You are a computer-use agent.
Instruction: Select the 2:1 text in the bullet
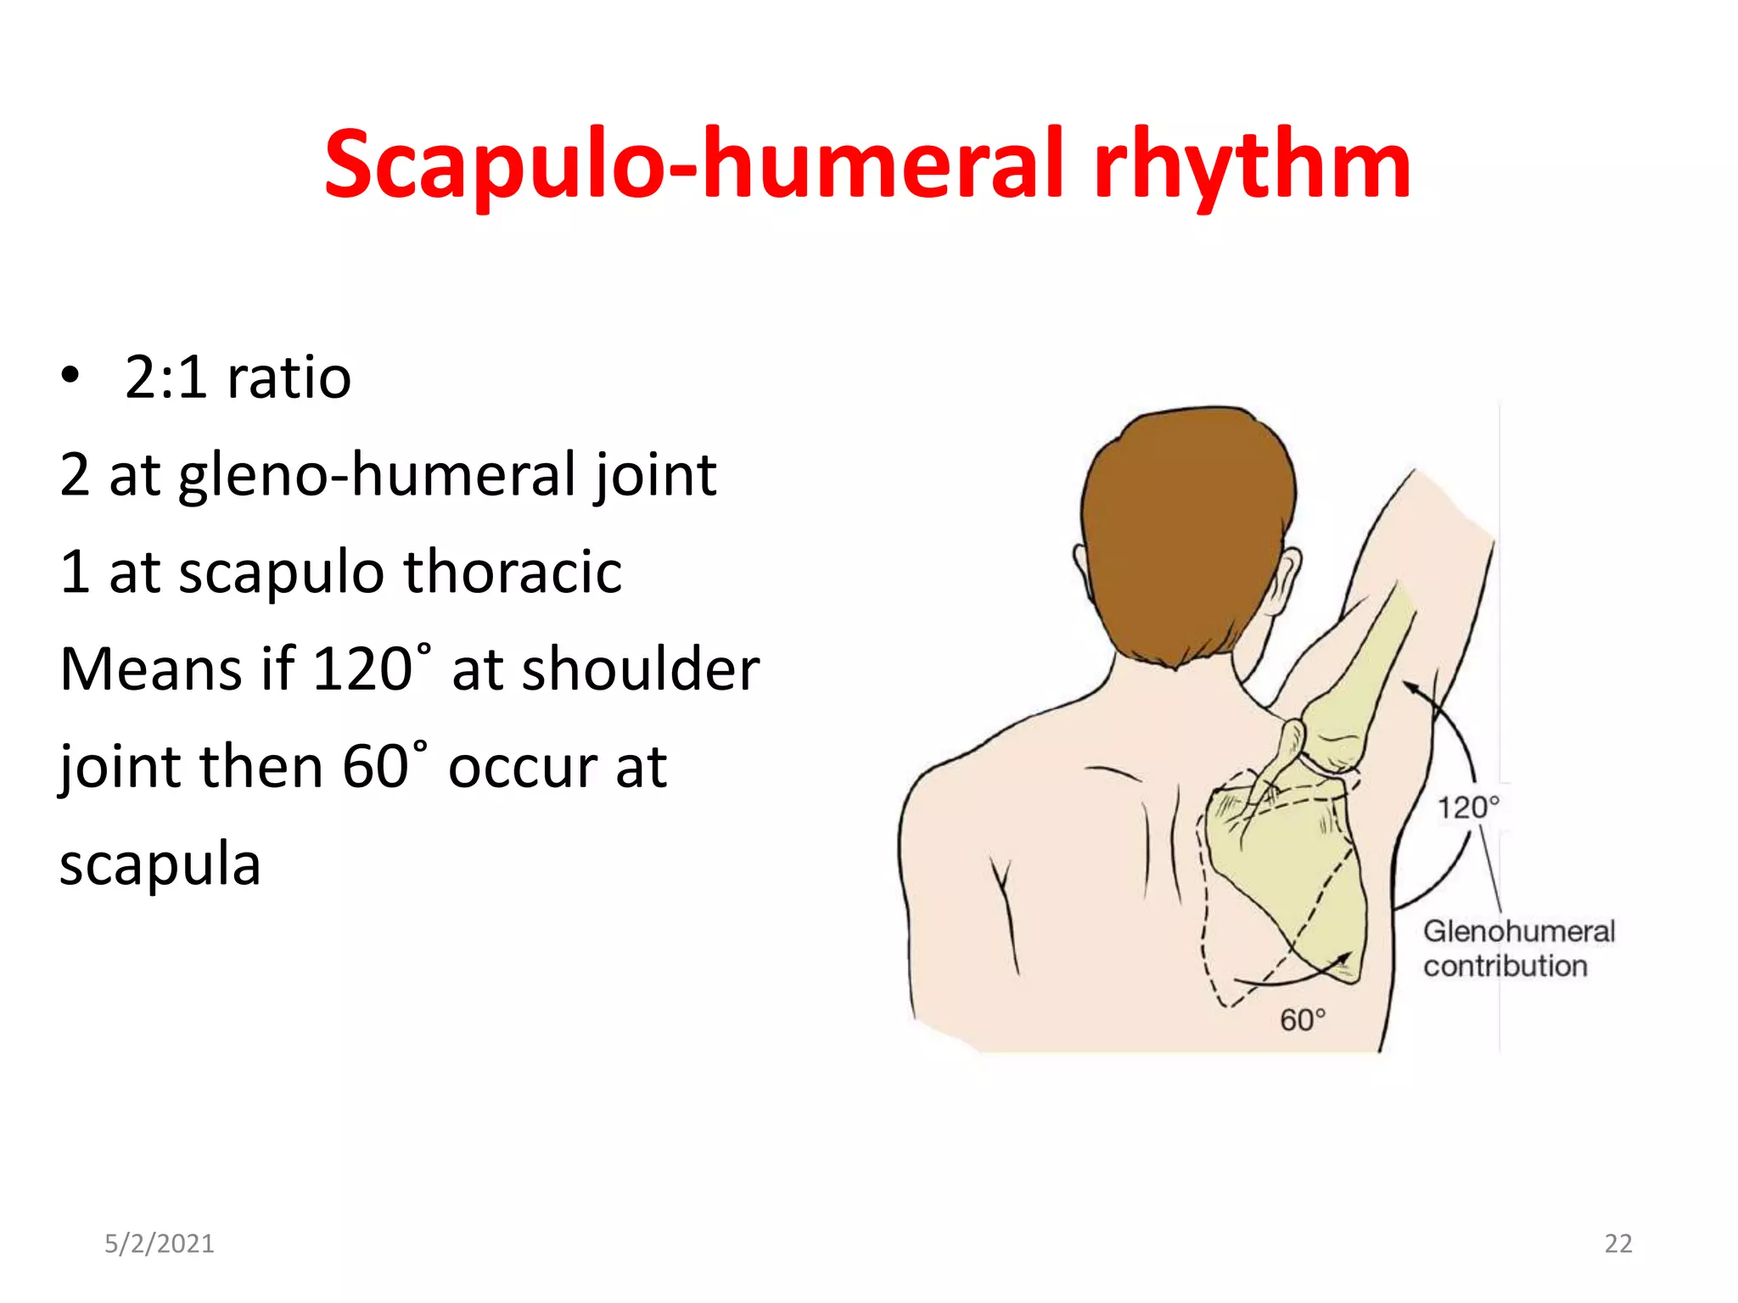(165, 377)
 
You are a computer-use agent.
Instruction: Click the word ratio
(289, 377)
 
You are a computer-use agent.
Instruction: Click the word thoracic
(513, 572)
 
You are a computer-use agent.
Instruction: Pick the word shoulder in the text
(640, 669)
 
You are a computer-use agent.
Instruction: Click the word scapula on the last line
(160, 864)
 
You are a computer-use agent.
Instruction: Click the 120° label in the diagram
(1467, 808)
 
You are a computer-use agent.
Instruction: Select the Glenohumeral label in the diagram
(1519, 931)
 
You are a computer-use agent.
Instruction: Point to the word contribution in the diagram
(1505, 966)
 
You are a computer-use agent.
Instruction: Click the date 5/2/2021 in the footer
(160, 1244)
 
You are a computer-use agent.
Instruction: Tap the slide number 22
(1617, 1244)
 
